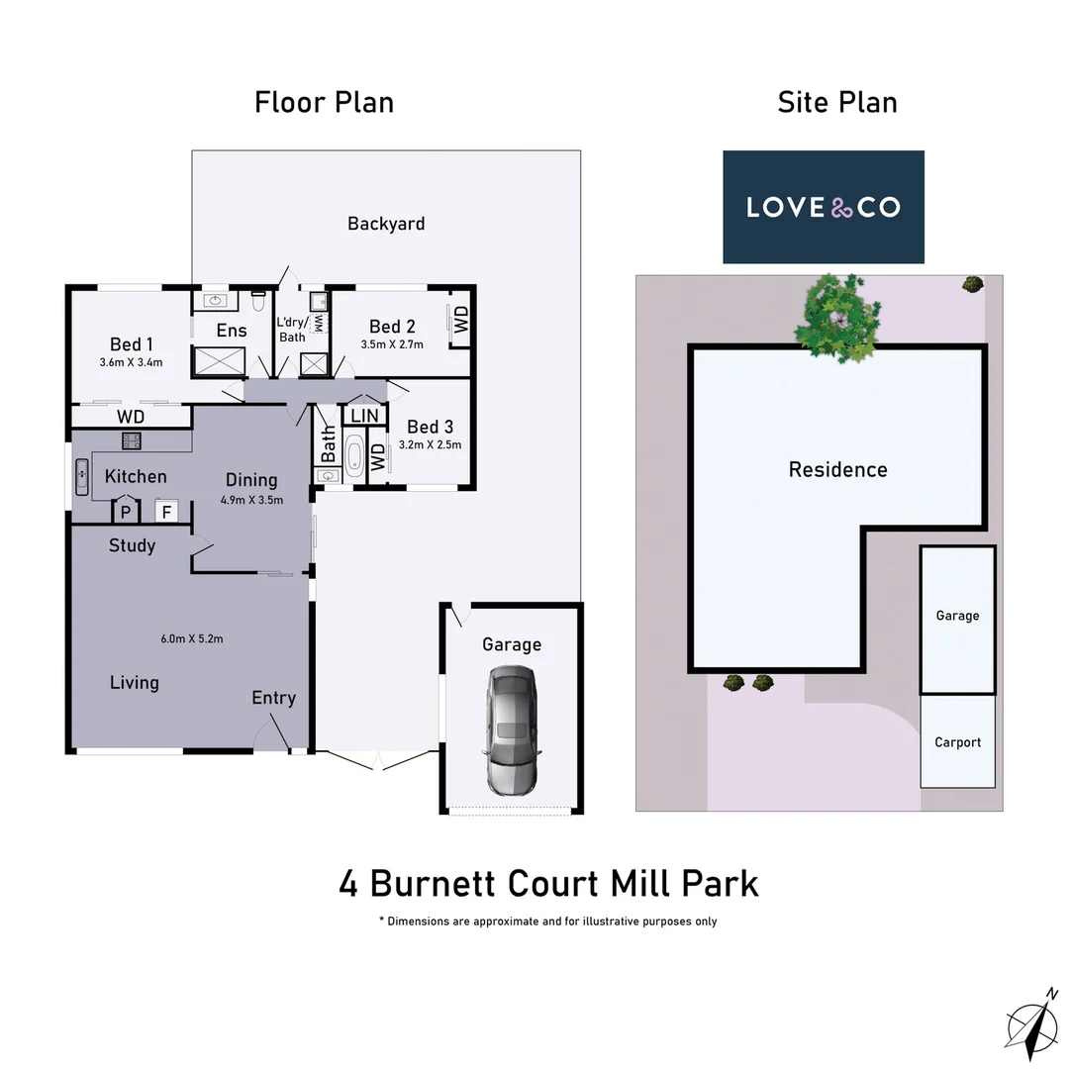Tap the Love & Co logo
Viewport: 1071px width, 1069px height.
(x=823, y=207)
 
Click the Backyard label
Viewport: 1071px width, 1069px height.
(x=386, y=224)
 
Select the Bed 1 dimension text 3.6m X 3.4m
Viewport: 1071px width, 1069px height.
(x=131, y=362)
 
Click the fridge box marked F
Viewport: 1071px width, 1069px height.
(x=166, y=512)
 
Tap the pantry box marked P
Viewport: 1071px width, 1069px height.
(x=126, y=512)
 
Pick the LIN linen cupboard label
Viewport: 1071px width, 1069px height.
(x=364, y=416)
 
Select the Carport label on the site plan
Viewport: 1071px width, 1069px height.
(x=957, y=742)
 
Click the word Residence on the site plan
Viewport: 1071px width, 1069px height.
(x=837, y=469)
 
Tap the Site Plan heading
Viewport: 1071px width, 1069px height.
(x=837, y=102)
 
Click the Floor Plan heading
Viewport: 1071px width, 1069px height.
(x=324, y=102)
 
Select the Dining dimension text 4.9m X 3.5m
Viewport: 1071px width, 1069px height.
(x=251, y=500)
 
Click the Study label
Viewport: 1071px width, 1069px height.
(x=132, y=545)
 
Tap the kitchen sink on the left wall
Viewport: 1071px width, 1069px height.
(x=81, y=477)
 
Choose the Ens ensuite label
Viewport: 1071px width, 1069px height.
(x=231, y=331)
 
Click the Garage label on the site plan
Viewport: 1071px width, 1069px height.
(x=957, y=616)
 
